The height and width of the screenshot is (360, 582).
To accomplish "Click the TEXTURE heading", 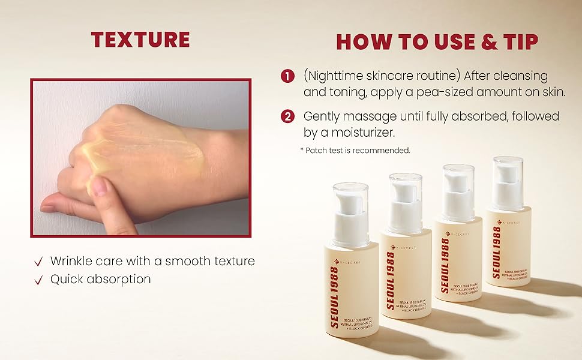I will tap(140, 40).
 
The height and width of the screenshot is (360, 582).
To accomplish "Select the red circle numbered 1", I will tap(288, 76).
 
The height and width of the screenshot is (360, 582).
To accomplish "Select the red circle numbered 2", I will tap(288, 116).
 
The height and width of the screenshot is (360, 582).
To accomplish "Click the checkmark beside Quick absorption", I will tap(39, 280).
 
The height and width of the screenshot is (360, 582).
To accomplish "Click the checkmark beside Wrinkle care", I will tap(39, 262).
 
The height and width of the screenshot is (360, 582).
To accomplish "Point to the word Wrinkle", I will tap(71, 261).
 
